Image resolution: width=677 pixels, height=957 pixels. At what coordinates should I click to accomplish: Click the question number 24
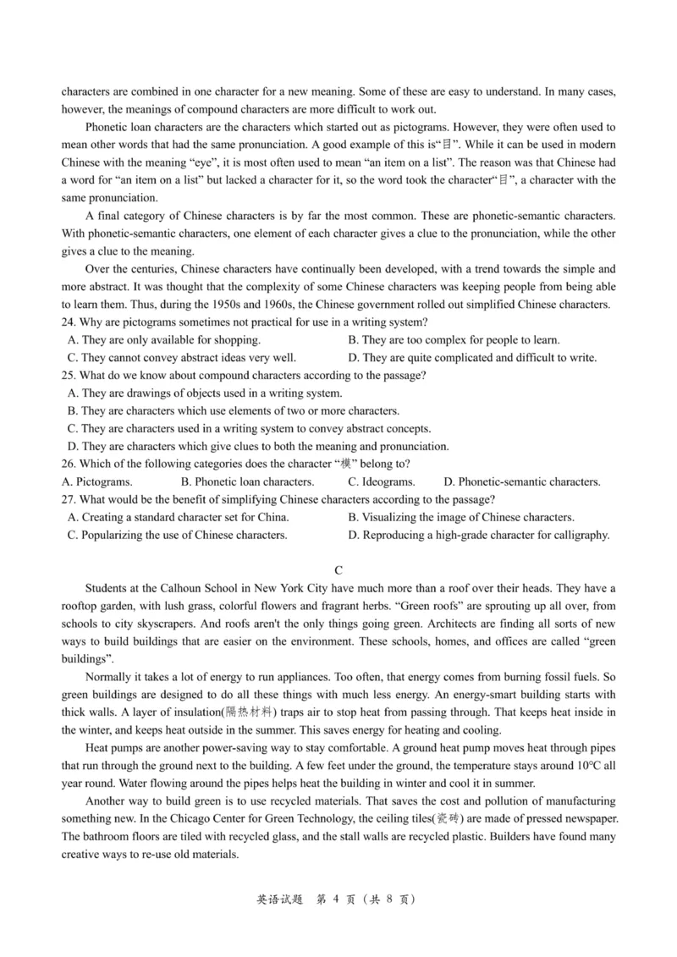point(69,322)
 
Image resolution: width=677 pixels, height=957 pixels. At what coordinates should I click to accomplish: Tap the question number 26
point(69,464)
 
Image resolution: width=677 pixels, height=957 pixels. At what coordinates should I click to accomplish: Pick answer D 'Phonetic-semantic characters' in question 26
point(522,481)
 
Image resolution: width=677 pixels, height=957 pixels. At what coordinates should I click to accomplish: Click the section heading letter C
point(338,571)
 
